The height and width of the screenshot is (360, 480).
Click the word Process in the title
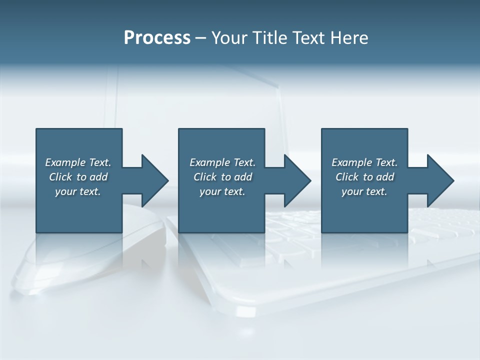(157, 38)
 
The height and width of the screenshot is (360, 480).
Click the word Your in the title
(230, 38)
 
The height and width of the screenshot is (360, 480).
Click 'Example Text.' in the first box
(78, 162)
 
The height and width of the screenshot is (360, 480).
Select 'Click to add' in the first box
(78, 177)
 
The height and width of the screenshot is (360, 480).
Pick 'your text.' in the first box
(78, 191)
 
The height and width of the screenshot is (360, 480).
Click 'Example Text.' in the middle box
(222, 162)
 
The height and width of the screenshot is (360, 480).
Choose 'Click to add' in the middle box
(222, 177)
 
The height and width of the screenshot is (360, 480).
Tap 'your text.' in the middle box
(222, 191)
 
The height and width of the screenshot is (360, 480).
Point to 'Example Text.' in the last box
(364, 162)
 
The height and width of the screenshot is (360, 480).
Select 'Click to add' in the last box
(364, 177)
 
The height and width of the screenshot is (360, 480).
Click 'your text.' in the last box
(364, 191)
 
